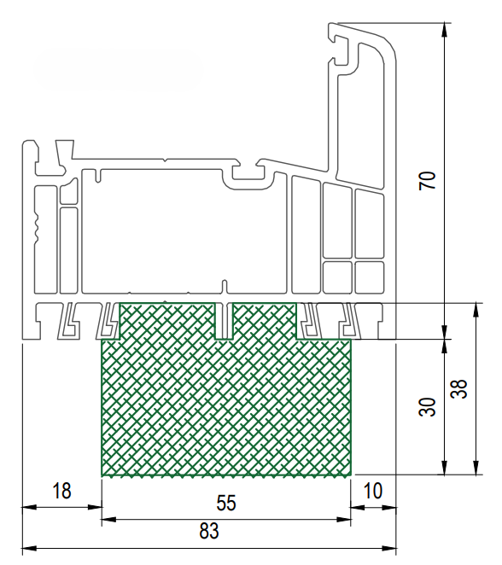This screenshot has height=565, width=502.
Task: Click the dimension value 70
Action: click(428, 181)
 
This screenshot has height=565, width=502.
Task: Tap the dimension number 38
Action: click(458, 389)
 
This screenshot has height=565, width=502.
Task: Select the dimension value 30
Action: click(428, 407)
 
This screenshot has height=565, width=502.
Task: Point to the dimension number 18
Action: click(61, 491)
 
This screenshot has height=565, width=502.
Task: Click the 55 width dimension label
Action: click(226, 503)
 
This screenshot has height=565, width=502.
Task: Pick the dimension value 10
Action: click(372, 491)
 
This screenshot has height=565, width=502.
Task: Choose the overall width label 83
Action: click(209, 531)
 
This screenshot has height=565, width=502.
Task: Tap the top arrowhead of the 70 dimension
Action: click(445, 30)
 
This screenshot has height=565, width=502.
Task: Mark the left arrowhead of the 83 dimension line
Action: click(30, 549)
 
